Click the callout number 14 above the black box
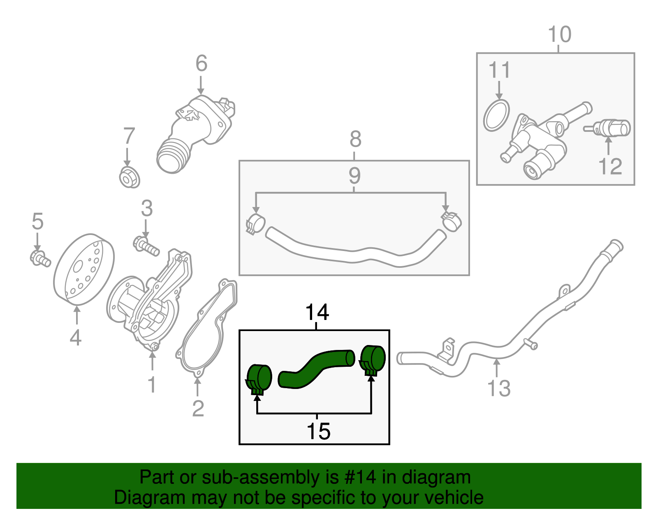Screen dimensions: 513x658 pos(317,313)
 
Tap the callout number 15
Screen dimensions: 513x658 pos(318,431)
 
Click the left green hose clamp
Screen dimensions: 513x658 pos(259,378)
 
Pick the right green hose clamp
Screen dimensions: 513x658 pos(373,359)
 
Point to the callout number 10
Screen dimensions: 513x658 pos(560,35)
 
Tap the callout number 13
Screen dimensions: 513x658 pos(498,388)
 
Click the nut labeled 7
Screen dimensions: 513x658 pos(129,178)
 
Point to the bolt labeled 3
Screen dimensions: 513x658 pos(146,246)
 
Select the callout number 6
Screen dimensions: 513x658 pos(201,63)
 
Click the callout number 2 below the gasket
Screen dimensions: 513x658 pos(198,408)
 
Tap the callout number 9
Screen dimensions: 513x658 pos(354,176)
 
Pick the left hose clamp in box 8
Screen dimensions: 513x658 pos(255,224)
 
